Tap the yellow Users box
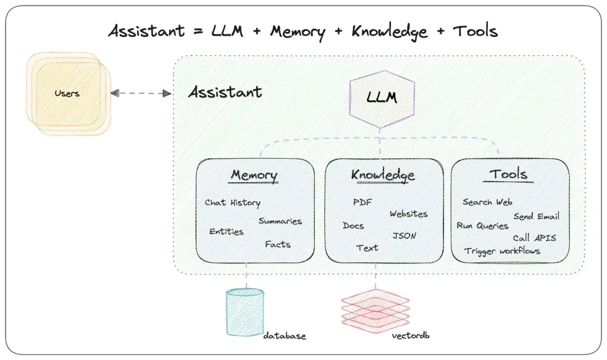67,94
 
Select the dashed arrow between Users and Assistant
140,93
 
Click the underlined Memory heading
254,176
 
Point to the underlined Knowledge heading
383,176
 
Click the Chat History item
232,203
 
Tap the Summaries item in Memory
280,221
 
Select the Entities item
226,232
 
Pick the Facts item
278,244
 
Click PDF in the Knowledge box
362,202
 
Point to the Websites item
408,214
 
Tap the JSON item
404,235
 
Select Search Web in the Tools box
487,202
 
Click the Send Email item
536,216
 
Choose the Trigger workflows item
502,251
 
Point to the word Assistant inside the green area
225,93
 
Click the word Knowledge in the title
389,31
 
